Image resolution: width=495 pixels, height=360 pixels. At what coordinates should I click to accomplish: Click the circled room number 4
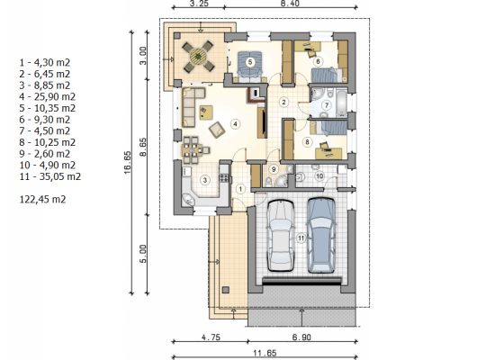click(x=235, y=124)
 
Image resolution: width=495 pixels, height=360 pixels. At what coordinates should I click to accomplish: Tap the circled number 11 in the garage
click(x=301, y=238)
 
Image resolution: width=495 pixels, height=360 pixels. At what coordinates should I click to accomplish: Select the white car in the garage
click(x=281, y=235)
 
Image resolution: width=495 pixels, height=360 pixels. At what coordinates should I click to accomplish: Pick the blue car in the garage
click(x=321, y=235)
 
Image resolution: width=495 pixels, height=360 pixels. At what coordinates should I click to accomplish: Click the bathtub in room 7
click(x=342, y=103)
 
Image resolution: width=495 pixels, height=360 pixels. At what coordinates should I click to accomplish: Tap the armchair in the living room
click(x=217, y=130)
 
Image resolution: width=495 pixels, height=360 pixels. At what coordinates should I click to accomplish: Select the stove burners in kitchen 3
click(x=223, y=178)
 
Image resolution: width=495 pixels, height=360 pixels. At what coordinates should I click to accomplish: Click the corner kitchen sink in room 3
click(x=188, y=200)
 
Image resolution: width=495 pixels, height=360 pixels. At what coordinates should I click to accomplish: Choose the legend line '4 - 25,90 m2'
click(x=48, y=96)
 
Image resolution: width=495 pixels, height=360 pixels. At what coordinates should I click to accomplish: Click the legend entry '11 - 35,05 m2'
click(x=49, y=176)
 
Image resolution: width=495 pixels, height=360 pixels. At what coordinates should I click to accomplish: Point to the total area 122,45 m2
click(x=42, y=200)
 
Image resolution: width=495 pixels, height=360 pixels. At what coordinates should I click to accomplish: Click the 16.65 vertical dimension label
click(x=127, y=163)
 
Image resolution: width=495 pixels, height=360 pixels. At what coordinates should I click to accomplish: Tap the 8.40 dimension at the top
click(x=290, y=4)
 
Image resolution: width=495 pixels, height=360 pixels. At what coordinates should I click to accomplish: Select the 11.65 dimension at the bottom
click(x=265, y=353)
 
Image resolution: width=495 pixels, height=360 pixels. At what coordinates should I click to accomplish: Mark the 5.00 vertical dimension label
click(x=143, y=254)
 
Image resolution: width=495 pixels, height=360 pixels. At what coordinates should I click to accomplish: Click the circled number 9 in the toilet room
click(x=274, y=169)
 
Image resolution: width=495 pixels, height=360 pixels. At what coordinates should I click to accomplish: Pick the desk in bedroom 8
click(x=328, y=154)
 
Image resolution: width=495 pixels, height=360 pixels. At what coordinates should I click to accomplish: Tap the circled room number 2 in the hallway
click(x=283, y=102)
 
